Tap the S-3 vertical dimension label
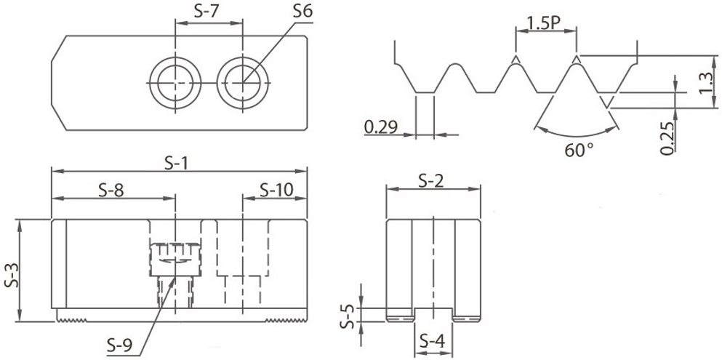pos(12,276)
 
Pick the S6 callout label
pos(302,11)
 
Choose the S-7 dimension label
pos(206,12)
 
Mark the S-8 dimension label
pos(111,190)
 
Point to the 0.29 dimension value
pos(381,126)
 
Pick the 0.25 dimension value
pos(667,137)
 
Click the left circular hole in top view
pos(175,83)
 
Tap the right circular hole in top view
pos(243,83)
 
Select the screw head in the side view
pos(175,259)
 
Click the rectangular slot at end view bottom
pos(433,315)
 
